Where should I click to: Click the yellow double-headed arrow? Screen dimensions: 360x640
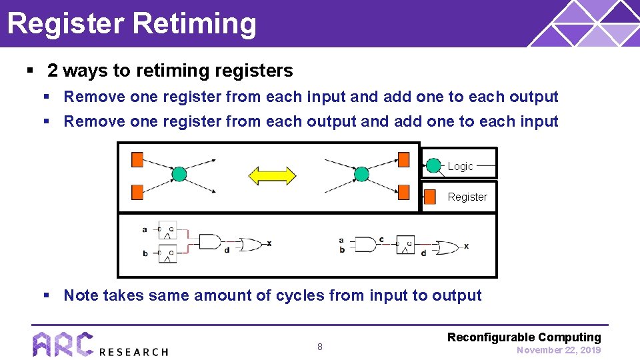point(272,176)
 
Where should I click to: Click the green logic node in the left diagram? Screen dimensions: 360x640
point(179,175)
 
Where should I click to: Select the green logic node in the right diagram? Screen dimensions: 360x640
point(361,175)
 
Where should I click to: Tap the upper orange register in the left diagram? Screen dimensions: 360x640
point(137,159)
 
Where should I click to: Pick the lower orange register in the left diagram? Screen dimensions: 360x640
point(137,193)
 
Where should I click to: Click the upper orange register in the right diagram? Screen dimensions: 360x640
point(403,159)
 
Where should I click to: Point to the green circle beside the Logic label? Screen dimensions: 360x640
point(433,165)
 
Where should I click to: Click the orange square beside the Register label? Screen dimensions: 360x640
point(431,197)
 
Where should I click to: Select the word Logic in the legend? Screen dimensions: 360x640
point(460,166)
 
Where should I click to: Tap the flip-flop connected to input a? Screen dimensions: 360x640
point(167,230)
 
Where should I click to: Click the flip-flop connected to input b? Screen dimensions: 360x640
point(167,253)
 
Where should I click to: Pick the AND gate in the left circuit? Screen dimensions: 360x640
point(209,242)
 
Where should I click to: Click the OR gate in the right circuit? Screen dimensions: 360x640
point(447,246)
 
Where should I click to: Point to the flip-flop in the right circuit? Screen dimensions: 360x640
point(405,245)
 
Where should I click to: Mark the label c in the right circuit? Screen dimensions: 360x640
point(381,239)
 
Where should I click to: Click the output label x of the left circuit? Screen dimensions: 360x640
point(269,243)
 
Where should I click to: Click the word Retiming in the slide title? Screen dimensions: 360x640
point(194,23)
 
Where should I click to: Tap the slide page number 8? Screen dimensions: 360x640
point(319,347)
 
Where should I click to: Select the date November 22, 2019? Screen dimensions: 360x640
point(559,350)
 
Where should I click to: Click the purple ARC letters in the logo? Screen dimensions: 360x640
point(63,345)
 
